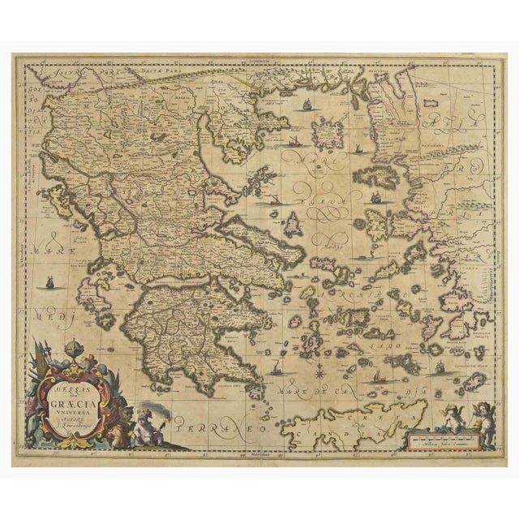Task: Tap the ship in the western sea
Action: pyautogui.click(x=49, y=283)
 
